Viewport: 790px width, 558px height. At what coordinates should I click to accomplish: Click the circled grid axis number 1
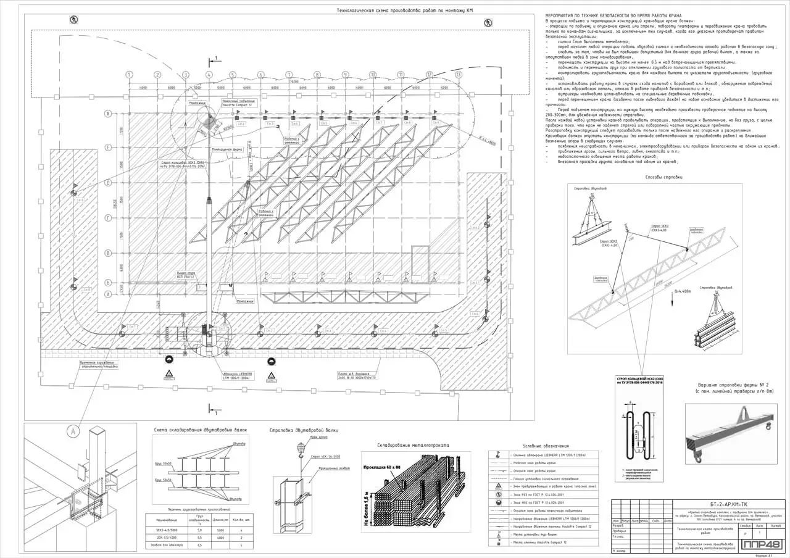click(130, 75)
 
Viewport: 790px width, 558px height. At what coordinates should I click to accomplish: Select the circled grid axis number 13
click(458, 75)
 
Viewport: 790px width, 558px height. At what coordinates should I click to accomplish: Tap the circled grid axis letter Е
click(108, 148)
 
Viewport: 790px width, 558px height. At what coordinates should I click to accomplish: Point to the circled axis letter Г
click(108, 218)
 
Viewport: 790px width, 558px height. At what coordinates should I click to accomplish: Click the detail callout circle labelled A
click(73, 430)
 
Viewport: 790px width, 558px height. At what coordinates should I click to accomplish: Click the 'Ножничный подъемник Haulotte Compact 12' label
click(239, 102)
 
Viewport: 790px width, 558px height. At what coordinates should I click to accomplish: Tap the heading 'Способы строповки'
click(663, 177)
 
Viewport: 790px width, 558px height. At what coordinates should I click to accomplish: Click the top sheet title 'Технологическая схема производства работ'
click(405, 10)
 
